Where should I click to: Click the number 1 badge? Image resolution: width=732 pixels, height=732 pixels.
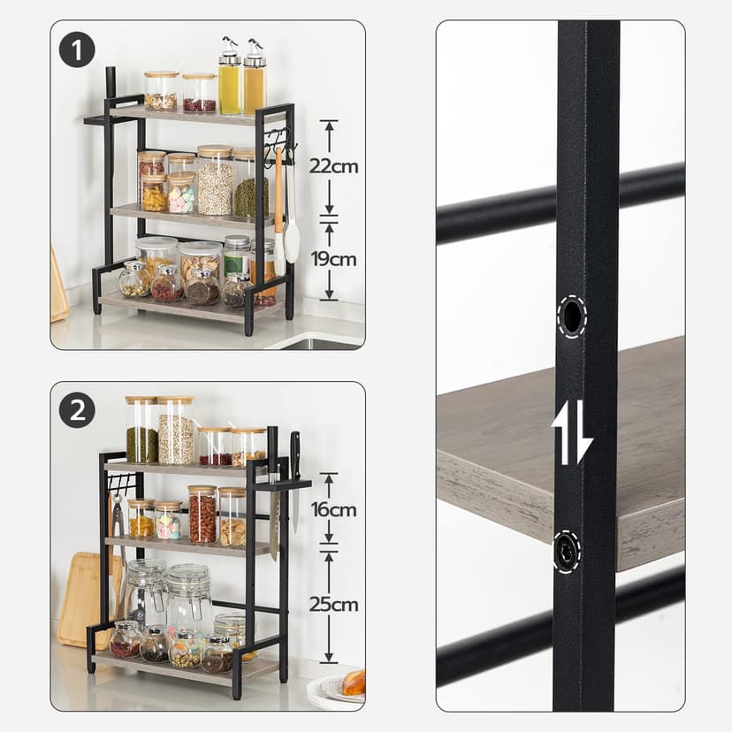click(77, 50)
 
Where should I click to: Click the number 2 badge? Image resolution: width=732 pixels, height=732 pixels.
click(77, 410)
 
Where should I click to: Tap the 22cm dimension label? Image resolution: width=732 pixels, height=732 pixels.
click(333, 166)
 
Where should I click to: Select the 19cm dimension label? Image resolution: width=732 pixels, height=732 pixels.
click(333, 259)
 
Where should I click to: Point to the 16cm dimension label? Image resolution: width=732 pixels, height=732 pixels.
click(333, 509)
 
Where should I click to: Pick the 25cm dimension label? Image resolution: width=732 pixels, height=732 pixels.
click(333, 605)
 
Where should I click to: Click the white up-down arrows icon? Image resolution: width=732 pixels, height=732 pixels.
click(571, 431)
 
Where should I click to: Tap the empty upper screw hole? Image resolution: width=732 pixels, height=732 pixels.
click(572, 316)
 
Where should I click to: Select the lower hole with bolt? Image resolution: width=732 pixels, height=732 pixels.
click(568, 551)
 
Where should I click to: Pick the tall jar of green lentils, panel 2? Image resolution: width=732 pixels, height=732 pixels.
click(141, 431)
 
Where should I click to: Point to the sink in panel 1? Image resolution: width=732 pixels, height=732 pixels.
click(323, 344)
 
